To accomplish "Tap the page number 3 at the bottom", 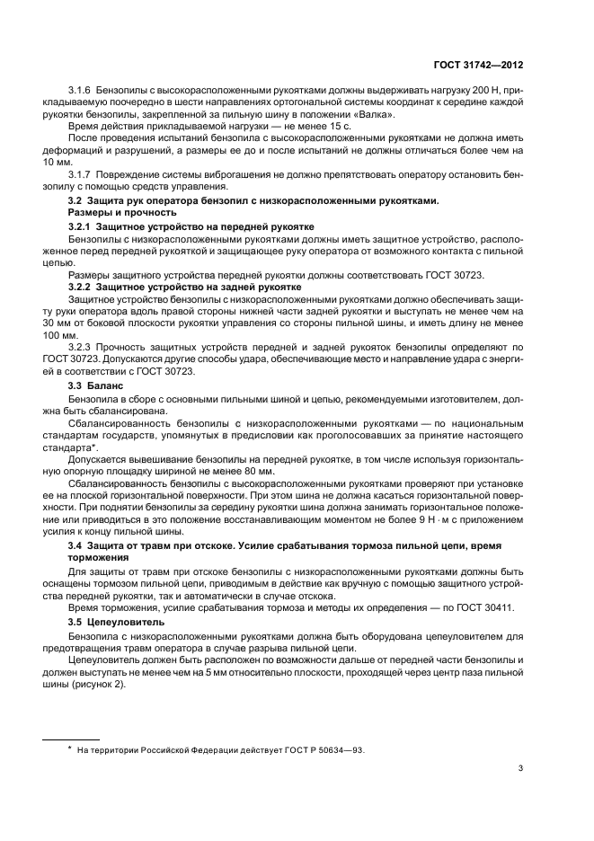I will [x=521, y=767].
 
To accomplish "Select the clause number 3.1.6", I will [x=83, y=93].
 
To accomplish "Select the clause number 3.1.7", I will [x=83, y=174].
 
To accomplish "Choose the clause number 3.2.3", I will [x=83, y=345].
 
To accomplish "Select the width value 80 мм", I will [x=256, y=471].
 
